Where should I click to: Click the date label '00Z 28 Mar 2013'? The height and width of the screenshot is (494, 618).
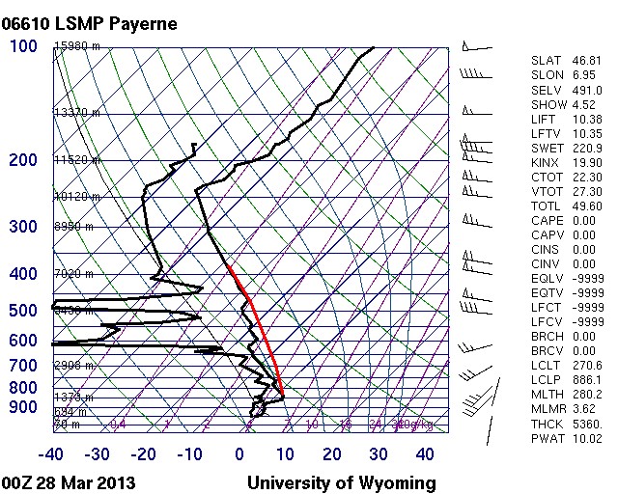70,482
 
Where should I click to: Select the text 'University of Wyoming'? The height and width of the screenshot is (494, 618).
342,482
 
